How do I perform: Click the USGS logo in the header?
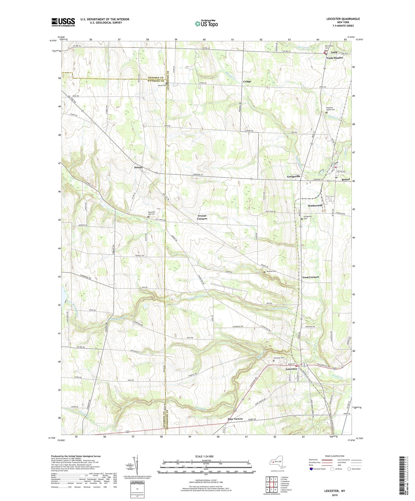coord(63,22)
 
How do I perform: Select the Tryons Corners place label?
coord(202,217)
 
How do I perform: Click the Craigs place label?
coord(247,82)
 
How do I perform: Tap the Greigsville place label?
coord(294,176)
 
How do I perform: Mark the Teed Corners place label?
coord(310,277)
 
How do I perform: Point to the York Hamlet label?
coord(334,58)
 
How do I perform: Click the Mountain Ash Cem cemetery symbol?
coord(148,217)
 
